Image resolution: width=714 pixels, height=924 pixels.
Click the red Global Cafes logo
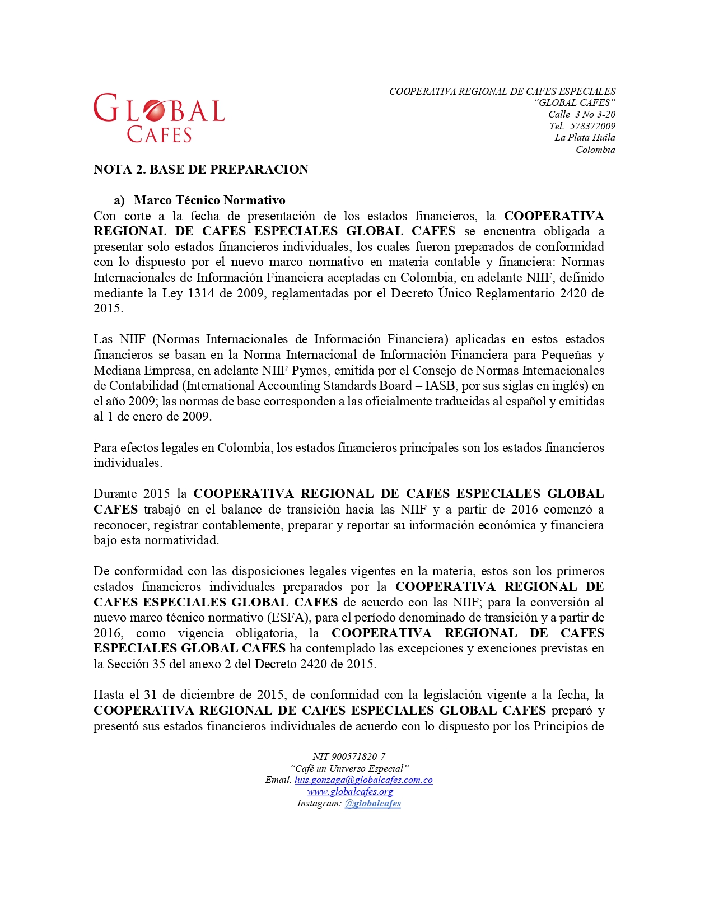pyautogui.click(x=159, y=118)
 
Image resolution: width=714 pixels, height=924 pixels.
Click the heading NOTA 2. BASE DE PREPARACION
pyautogui.click(x=200, y=170)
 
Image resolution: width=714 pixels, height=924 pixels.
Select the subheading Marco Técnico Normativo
pyautogui.click(x=209, y=200)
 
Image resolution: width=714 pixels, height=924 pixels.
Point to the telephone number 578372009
pyautogui.click(x=592, y=126)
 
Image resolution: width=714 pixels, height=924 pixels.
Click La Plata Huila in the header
pyautogui.click(x=585, y=138)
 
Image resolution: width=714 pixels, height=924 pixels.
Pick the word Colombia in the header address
pyautogui.click(x=595, y=150)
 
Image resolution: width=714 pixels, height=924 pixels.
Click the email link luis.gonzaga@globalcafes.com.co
pyautogui.click(x=363, y=780)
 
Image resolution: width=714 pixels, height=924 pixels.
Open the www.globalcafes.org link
pyautogui.click(x=350, y=792)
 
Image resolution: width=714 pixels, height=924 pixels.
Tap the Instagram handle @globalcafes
pyautogui.click(x=372, y=804)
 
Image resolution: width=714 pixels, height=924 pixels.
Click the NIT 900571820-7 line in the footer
pyautogui.click(x=349, y=757)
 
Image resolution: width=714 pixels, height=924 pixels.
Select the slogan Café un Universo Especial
pyautogui.click(x=349, y=768)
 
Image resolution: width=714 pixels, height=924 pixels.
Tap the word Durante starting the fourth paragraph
pyautogui.click(x=114, y=494)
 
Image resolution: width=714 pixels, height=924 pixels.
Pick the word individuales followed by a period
pyautogui.click(x=127, y=463)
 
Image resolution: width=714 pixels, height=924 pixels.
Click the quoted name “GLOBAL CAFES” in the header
pyautogui.click(x=575, y=103)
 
